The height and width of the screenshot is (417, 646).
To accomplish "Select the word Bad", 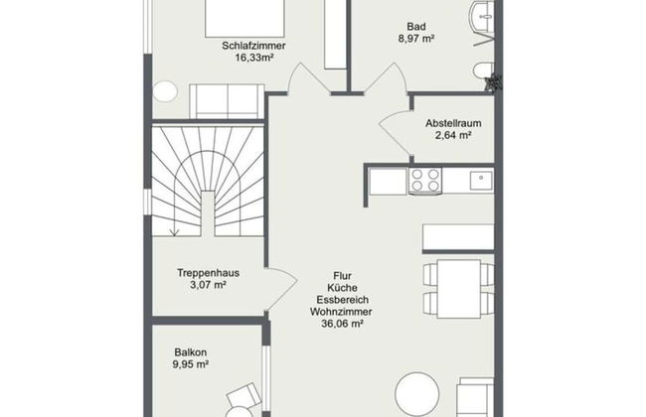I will pos(415,27).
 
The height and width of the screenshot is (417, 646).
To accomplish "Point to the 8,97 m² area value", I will pos(415,41).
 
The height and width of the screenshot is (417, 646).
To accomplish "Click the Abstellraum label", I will pos(453,123).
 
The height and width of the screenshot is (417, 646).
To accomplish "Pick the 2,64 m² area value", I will pos(453,137).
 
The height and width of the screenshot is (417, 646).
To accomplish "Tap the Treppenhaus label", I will pos(208,272).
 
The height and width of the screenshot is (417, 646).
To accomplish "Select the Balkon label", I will pos(190,351).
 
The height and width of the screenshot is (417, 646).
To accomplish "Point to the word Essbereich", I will pos(336,296).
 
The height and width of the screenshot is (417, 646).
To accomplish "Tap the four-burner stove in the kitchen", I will pos(425,181).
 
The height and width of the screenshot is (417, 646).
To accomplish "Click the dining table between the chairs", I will pos(459,288).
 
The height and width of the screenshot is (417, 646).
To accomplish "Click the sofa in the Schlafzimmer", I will pos(226,100).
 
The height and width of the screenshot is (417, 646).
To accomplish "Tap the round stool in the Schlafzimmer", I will pos(165,92).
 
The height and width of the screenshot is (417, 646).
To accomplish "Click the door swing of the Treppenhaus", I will pos(281,289).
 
